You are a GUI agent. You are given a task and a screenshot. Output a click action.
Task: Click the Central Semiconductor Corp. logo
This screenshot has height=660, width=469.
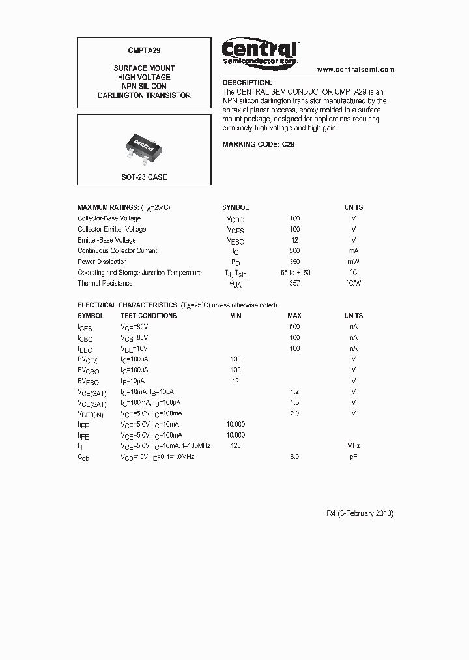[260, 52]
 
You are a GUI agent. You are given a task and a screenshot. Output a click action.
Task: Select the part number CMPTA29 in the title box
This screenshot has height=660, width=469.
[144, 49]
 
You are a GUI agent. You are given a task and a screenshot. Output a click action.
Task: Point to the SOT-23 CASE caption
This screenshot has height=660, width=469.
[144, 177]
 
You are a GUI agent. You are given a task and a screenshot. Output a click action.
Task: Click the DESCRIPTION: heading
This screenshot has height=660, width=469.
[247, 83]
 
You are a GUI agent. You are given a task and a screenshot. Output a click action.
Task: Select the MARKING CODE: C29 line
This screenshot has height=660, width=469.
[259, 144]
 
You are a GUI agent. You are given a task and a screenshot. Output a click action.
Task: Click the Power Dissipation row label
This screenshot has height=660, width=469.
[102, 262]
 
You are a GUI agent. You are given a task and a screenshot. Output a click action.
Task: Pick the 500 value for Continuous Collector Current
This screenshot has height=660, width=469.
[294, 250]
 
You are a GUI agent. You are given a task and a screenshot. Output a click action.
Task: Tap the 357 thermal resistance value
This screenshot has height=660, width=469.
[294, 283]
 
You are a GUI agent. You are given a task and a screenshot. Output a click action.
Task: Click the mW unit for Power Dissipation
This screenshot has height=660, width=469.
[353, 262]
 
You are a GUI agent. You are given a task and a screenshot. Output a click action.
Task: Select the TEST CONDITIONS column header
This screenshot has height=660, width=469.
[149, 316]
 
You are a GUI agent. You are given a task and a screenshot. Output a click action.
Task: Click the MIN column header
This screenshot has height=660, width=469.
[235, 316]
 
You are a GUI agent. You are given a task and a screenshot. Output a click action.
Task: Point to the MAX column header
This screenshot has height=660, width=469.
[294, 316]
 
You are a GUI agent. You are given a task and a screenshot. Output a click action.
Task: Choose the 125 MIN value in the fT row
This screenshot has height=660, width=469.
[235, 445]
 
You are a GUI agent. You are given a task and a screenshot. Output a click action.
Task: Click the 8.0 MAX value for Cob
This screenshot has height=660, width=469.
[294, 457]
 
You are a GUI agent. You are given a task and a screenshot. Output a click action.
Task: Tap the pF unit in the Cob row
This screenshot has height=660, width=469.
[353, 457]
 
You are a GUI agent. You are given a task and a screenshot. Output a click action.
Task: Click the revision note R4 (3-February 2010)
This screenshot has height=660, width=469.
[360, 513]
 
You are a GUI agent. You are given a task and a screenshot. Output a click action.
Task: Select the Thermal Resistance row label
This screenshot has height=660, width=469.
[105, 283]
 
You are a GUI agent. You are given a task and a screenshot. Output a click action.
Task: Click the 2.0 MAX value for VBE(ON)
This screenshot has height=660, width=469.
[294, 413]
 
